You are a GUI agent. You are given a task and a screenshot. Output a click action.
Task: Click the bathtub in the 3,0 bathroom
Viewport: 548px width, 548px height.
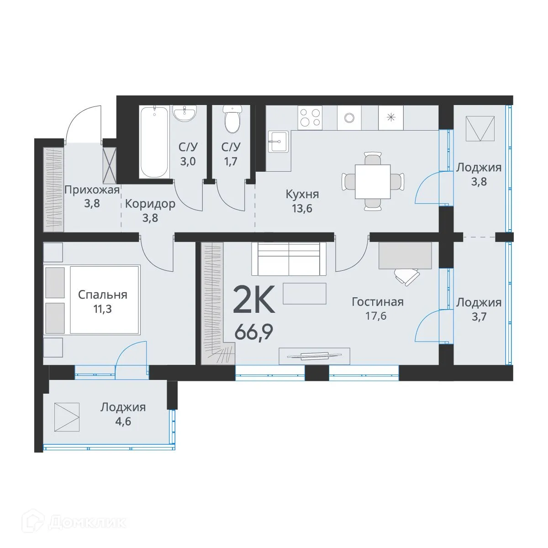click(155, 142)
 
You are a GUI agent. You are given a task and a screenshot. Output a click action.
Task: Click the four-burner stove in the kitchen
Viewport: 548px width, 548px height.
click(310, 117)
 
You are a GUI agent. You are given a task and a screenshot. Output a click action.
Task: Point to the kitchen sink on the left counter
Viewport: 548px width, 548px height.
click(278, 142)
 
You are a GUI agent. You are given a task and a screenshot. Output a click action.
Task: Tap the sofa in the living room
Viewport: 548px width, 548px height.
click(289, 259)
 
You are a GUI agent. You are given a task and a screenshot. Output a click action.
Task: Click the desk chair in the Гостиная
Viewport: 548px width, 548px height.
click(406, 276)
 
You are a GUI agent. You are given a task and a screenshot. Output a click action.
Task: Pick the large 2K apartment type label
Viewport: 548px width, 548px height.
click(254, 300)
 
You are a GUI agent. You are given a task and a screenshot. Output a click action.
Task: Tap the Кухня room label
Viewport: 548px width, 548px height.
click(302, 194)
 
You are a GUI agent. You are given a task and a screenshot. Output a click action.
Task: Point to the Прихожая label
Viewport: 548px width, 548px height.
click(92, 190)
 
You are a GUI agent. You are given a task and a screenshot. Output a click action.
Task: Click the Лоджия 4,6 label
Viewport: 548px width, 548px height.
click(123, 414)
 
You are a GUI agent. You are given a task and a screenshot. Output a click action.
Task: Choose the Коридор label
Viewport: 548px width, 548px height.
click(150, 204)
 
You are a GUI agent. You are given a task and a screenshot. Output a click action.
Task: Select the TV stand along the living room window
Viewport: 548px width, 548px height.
click(314, 356)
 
